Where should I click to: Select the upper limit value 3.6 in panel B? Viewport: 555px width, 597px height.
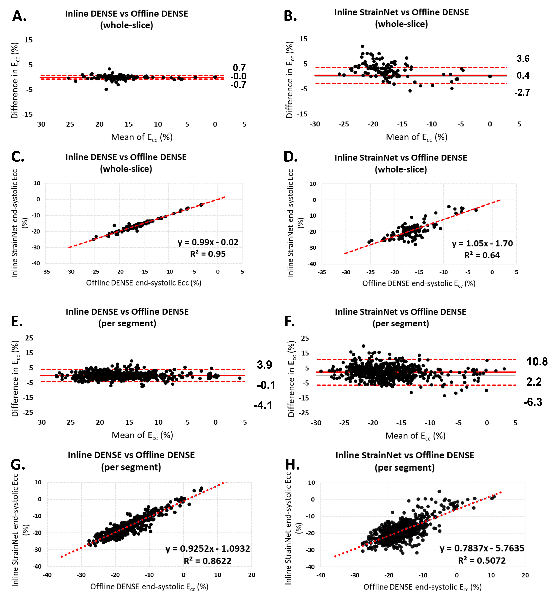523,59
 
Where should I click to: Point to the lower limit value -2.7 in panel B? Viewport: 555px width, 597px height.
522,93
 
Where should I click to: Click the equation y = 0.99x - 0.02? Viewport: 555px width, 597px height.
208,242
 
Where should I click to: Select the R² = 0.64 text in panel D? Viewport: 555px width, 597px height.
482,255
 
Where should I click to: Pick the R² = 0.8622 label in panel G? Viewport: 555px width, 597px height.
207,561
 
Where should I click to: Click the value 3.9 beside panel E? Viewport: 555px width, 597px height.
264,365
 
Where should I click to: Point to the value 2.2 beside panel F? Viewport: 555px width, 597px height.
534,382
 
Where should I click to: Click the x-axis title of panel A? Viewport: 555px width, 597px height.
142,138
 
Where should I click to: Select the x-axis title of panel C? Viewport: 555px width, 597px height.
144,283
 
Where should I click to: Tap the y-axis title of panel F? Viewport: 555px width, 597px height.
291,379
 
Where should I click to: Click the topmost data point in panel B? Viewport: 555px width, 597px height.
362,46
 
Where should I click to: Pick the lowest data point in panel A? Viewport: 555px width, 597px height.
106,89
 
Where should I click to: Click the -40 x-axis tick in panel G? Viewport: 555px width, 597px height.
47,575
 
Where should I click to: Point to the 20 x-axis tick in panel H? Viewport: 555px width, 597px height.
525,575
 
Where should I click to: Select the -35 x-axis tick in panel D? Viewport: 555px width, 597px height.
322,272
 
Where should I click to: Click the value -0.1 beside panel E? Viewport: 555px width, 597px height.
266,385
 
